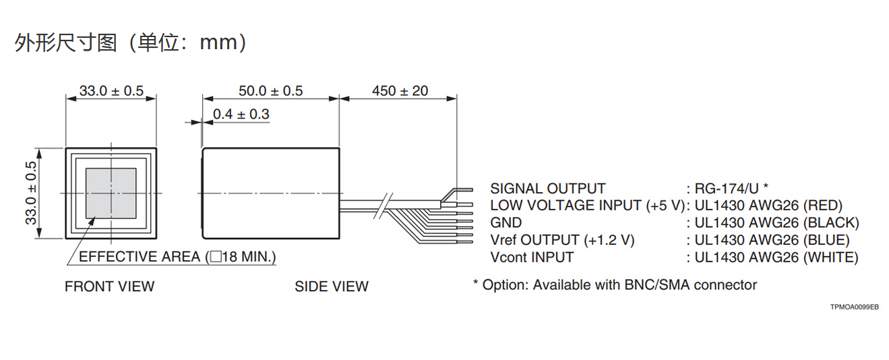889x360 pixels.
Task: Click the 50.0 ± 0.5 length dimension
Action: pos(270,91)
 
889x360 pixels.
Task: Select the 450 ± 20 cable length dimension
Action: pos(400,91)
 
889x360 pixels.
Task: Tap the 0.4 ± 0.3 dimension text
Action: pos(241,115)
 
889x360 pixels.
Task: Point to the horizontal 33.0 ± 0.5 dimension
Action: pos(111,91)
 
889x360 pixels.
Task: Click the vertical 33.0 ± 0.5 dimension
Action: pos(30,193)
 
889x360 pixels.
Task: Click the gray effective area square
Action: pos(111,193)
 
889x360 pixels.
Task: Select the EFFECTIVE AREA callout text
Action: pos(177,257)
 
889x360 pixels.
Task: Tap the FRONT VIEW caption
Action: pos(109,287)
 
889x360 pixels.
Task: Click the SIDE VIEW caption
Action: pos(331,287)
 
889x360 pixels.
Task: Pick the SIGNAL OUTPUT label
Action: pos(547,189)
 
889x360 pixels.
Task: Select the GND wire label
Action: pos(505,222)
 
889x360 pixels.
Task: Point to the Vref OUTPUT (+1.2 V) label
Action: pos(562,240)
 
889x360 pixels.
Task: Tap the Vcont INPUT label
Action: pos(532,258)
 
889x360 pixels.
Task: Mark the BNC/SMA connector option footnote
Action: pos(615,285)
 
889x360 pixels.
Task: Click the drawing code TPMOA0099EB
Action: pos(854,307)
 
